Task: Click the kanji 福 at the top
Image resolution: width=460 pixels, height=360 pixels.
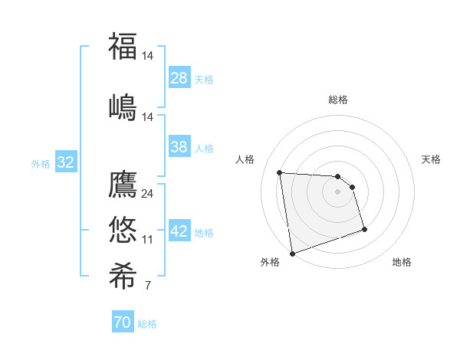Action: click(x=123, y=46)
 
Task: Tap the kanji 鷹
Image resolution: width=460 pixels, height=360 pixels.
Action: click(x=123, y=185)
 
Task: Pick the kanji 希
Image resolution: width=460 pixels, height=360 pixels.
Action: click(x=123, y=274)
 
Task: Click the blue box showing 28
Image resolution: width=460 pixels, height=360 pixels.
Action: click(x=179, y=78)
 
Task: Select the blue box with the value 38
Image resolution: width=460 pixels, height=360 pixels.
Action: click(x=179, y=147)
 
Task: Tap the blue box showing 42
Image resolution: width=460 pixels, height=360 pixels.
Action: click(x=179, y=231)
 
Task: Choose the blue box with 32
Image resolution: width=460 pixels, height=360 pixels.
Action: click(x=65, y=162)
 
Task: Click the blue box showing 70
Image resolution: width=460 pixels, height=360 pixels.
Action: click(x=122, y=322)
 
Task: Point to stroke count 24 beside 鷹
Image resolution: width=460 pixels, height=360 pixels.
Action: click(x=148, y=193)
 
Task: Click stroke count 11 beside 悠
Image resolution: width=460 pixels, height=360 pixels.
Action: click(x=148, y=239)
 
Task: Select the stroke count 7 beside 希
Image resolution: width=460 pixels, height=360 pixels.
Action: click(x=147, y=286)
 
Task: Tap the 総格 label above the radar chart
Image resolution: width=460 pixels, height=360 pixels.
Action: click(x=338, y=100)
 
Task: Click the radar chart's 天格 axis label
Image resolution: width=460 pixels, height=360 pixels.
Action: click(x=431, y=159)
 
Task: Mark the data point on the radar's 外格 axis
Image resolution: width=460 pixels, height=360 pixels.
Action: click(x=292, y=253)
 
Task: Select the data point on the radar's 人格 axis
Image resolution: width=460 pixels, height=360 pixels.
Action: click(x=280, y=172)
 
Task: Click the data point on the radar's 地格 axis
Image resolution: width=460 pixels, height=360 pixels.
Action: click(x=364, y=229)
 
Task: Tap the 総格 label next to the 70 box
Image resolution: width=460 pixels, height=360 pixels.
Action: click(x=147, y=324)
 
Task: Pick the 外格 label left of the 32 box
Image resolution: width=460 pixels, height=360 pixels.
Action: click(x=41, y=163)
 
